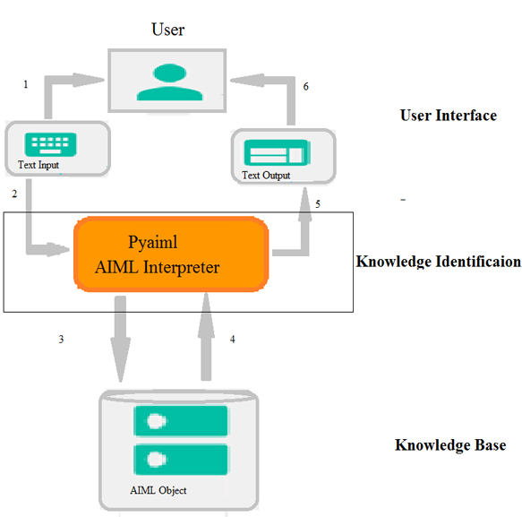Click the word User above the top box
(x=167, y=30)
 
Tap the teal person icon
(x=170, y=82)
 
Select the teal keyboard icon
(x=51, y=144)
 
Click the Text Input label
(x=39, y=165)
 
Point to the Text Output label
(x=266, y=176)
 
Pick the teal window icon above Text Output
(x=277, y=152)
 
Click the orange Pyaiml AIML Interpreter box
(x=171, y=254)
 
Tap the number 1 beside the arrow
(x=26, y=84)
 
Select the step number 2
(x=14, y=194)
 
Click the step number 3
(x=61, y=339)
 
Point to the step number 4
(x=233, y=339)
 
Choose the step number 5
(x=318, y=204)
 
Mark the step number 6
(x=305, y=86)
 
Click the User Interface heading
(x=449, y=116)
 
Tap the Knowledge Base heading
(x=450, y=445)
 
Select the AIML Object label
(x=158, y=490)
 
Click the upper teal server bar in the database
(x=181, y=421)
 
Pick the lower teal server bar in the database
(x=181, y=460)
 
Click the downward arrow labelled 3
(x=121, y=339)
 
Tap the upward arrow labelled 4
(x=206, y=336)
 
